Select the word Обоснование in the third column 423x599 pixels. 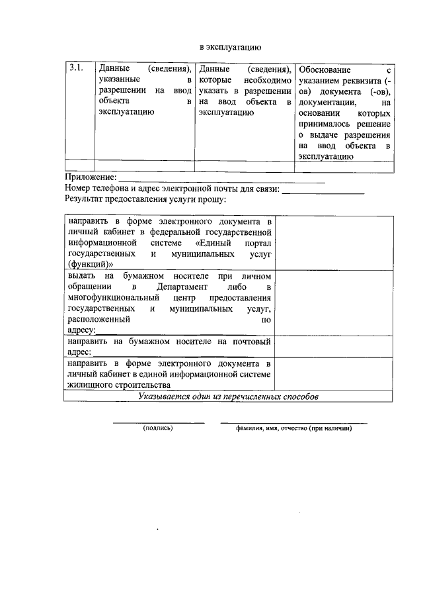click(x=328, y=70)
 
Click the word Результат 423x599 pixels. click(x=87, y=199)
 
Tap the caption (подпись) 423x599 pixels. click(x=158, y=428)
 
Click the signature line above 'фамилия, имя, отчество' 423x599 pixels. click(x=293, y=422)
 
